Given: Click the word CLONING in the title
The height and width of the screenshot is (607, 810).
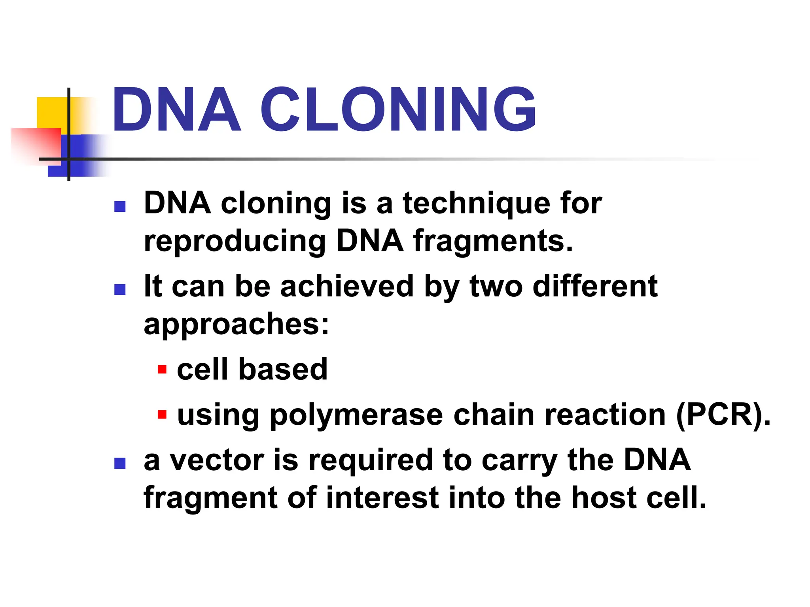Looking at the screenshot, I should pos(398,109).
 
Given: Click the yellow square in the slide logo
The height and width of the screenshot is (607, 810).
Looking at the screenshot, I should pos(51,113).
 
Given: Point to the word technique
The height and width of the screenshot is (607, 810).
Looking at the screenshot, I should pos(476,204).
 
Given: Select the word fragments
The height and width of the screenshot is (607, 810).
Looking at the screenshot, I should pos(492,241).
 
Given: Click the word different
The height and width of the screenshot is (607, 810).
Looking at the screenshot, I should pos(595,286).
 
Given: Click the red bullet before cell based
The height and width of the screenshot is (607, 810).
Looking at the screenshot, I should pos(162,370).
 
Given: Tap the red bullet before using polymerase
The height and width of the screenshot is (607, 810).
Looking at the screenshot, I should pos(162,415).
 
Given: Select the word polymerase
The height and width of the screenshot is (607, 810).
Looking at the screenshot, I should pos(356,416).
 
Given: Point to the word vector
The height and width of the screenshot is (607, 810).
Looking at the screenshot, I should pos(217,460).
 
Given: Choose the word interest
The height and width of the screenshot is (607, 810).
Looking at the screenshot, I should pos(382,498).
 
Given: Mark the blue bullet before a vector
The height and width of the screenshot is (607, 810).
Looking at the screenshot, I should pos(120,463).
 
